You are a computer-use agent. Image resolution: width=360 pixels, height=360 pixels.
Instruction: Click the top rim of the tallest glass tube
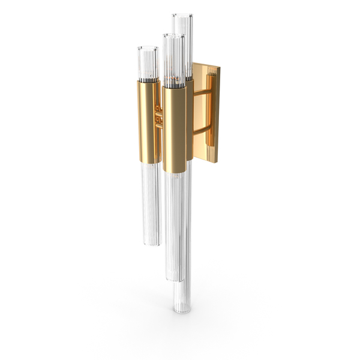(183, 16)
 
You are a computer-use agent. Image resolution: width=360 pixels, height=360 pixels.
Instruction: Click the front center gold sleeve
(175, 129)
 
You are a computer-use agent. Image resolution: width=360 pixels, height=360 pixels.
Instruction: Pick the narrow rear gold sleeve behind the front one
(190, 120)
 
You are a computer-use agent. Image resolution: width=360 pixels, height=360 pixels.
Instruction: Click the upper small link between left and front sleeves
(159, 110)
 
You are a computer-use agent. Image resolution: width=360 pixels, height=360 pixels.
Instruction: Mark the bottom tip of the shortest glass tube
(151, 244)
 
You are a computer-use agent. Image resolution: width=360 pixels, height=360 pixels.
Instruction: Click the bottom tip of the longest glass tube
(176, 312)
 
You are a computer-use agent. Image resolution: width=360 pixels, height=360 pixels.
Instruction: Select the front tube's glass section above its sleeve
(173, 60)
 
